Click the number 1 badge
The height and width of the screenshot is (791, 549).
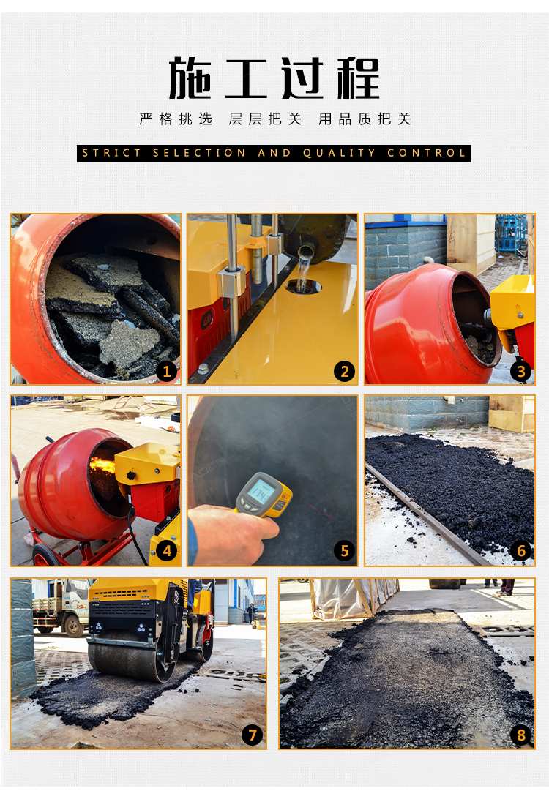(x=166, y=372)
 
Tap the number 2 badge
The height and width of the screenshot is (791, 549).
(x=345, y=372)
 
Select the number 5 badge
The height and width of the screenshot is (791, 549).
(x=345, y=550)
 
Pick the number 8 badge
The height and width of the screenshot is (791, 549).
(x=521, y=735)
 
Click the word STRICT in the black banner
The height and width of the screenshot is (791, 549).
(x=111, y=154)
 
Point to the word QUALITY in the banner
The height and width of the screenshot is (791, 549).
(x=339, y=154)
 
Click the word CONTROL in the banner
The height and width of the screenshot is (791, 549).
(x=426, y=154)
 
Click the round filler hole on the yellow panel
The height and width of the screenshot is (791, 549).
(x=304, y=287)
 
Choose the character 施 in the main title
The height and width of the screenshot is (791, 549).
(x=190, y=78)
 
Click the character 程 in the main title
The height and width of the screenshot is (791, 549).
(x=358, y=78)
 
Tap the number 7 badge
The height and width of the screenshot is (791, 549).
(x=252, y=735)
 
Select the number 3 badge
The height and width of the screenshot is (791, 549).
(x=521, y=372)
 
